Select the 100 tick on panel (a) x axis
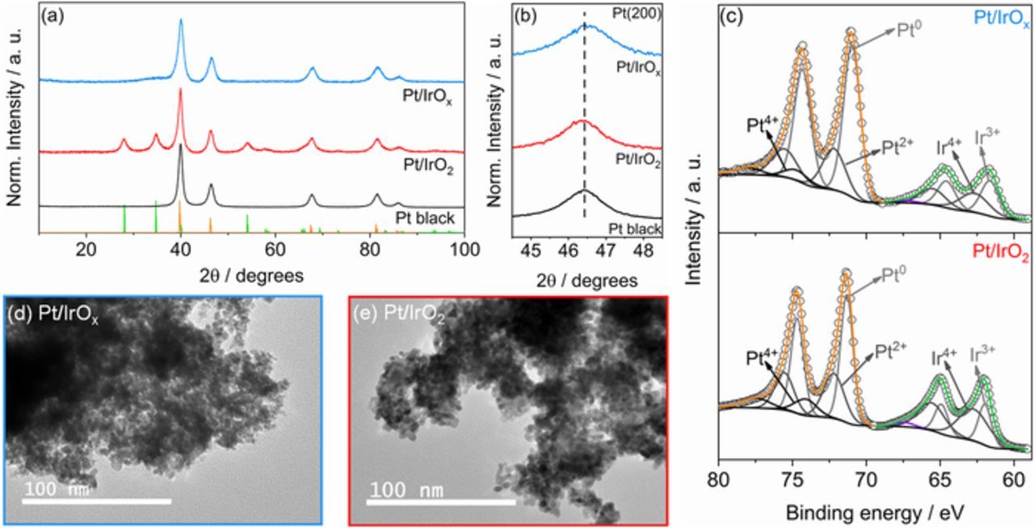463,249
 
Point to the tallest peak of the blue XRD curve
180,21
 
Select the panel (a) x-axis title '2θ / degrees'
250,275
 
